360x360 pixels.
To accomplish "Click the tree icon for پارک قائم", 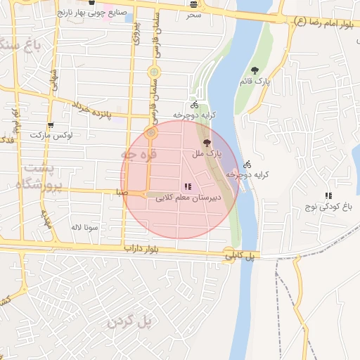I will pos(254,70).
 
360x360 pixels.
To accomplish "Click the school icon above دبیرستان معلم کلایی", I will pos(187,186).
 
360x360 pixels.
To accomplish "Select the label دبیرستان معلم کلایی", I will pos(188,198).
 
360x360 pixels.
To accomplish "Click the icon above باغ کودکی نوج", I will pos(328,195).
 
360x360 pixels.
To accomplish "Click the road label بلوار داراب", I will pos(144,249).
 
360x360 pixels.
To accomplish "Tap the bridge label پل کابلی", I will pos(238,256).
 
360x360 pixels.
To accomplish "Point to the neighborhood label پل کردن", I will pos(130,321).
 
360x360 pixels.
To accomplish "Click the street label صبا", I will pos(122,191).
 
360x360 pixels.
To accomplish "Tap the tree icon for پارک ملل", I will pos(206,142).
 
